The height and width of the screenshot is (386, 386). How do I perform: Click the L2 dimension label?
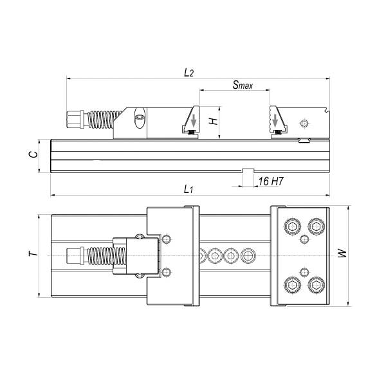[188, 73]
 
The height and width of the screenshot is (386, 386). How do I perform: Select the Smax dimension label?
[243, 85]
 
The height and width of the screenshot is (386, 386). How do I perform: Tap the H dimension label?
[214, 121]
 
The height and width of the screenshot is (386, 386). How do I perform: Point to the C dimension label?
[33, 154]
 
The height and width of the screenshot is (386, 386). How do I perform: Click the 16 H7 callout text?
[271, 181]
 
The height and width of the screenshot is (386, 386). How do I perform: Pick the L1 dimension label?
[188, 189]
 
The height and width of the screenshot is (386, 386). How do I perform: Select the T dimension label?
[33, 253]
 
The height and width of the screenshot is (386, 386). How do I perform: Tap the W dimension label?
[342, 253]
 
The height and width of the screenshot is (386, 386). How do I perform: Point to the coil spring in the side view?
[104, 120]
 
